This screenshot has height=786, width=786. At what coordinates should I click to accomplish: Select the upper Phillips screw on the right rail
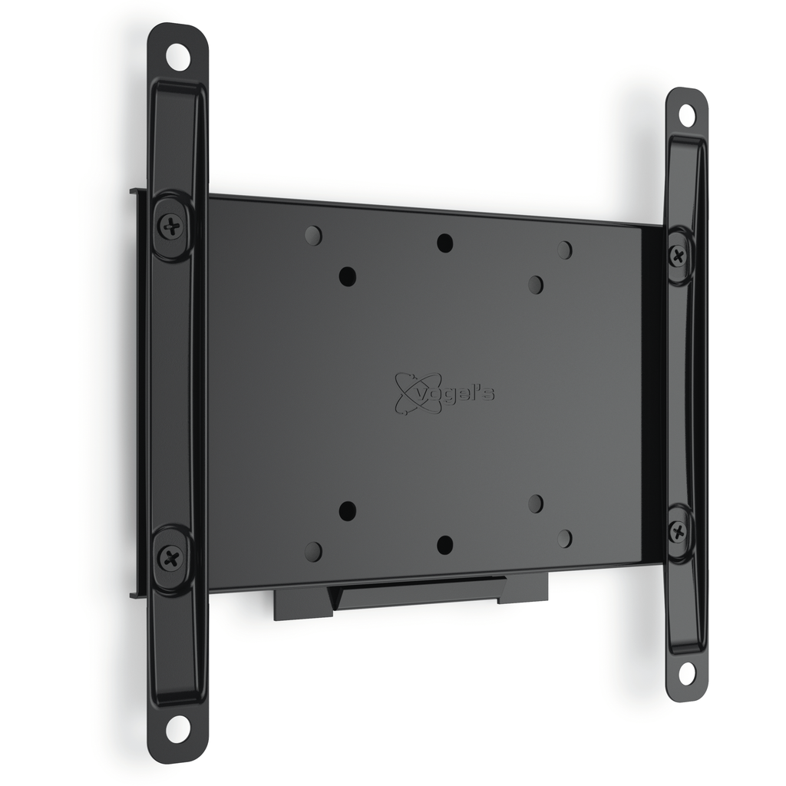click(679, 256)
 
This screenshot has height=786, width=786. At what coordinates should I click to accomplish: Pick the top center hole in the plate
click(444, 243)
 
